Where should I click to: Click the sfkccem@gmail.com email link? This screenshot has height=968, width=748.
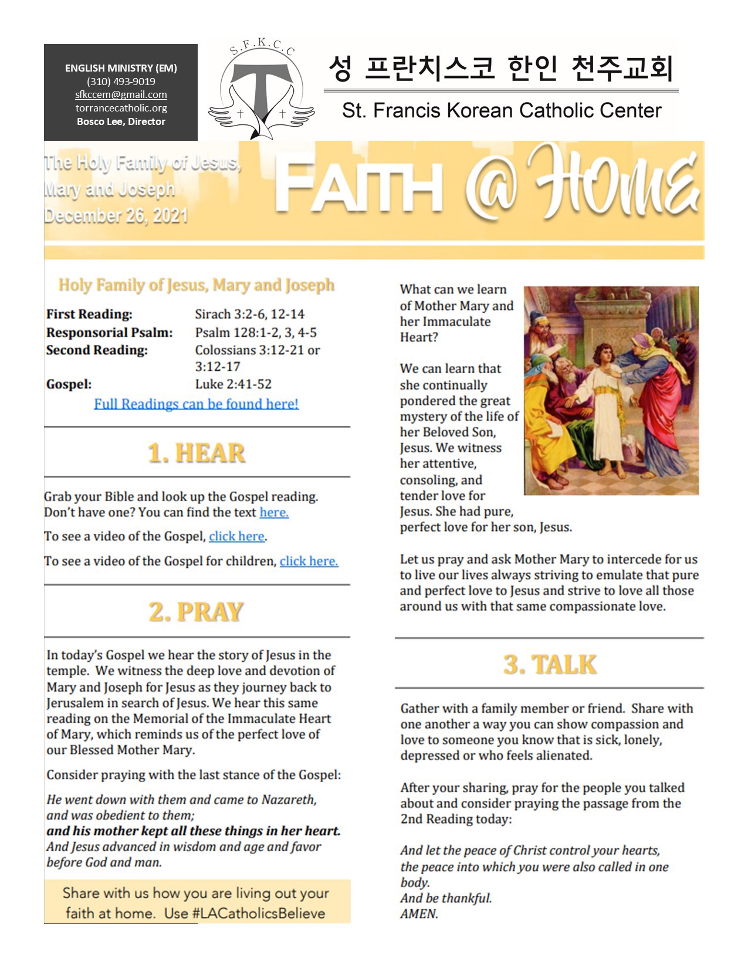(x=121, y=94)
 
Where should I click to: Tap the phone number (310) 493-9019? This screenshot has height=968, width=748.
(x=121, y=82)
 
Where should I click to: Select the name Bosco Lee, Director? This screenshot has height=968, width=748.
(x=121, y=121)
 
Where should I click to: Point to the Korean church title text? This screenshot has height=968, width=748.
(x=500, y=68)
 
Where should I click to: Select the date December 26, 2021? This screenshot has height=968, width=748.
(x=116, y=216)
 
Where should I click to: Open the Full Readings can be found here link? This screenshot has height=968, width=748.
(x=196, y=404)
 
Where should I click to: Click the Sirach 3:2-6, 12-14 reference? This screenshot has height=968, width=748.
(x=250, y=314)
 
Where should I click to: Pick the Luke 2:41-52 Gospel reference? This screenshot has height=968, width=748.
(x=233, y=384)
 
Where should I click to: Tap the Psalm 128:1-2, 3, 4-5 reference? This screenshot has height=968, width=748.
(x=256, y=333)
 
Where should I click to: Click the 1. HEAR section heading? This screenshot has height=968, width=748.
(x=197, y=453)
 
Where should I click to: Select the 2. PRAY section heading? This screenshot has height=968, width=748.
(x=197, y=612)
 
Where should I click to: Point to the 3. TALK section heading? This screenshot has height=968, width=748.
(x=550, y=665)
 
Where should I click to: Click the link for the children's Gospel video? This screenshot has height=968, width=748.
(x=309, y=561)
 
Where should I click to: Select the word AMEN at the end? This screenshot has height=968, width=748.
(x=419, y=914)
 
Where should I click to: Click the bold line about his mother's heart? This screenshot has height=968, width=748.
(x=194, y=831)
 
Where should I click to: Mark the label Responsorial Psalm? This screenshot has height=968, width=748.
(x=110, y=333)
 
